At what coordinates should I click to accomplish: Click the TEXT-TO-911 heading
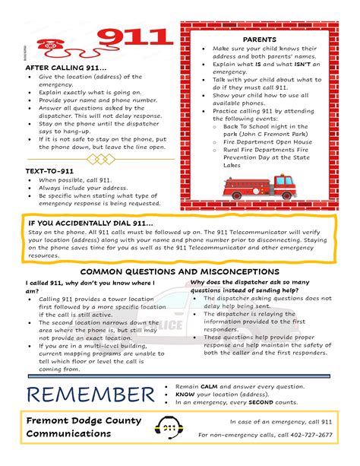pyautogui.click(x=50, y=172)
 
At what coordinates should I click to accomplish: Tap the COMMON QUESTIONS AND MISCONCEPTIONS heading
pyautogui.click(x=180, y=271)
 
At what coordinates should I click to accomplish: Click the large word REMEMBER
pyautogui.click(x=90, y=395)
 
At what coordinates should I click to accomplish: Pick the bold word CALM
pyautogui.click(x=210, y=386)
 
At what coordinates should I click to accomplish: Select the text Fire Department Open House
pyautogui.click(x=267, y=141)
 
